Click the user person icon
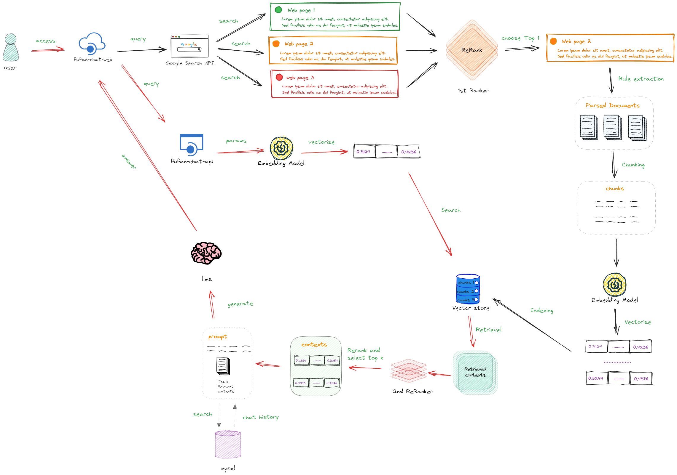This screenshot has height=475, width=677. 11,48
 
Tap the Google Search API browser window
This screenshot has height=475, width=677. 189,46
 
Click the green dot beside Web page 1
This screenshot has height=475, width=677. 278,10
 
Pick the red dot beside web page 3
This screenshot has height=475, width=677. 279,77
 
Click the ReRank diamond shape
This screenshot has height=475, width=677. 472,50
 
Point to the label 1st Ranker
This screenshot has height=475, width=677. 473,91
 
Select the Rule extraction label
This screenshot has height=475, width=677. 641,79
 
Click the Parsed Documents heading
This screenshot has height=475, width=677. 613,105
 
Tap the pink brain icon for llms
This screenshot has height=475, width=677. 206,253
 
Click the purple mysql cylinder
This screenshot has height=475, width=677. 228,444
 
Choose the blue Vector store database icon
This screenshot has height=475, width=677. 468,289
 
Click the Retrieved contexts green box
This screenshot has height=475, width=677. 475,372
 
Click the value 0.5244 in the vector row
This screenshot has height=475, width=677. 596,378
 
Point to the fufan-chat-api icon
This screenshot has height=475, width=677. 192,145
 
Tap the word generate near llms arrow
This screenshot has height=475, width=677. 240,304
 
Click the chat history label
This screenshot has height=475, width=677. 260,417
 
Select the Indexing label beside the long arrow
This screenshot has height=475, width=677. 542,310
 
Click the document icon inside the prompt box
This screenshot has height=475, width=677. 223,366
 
